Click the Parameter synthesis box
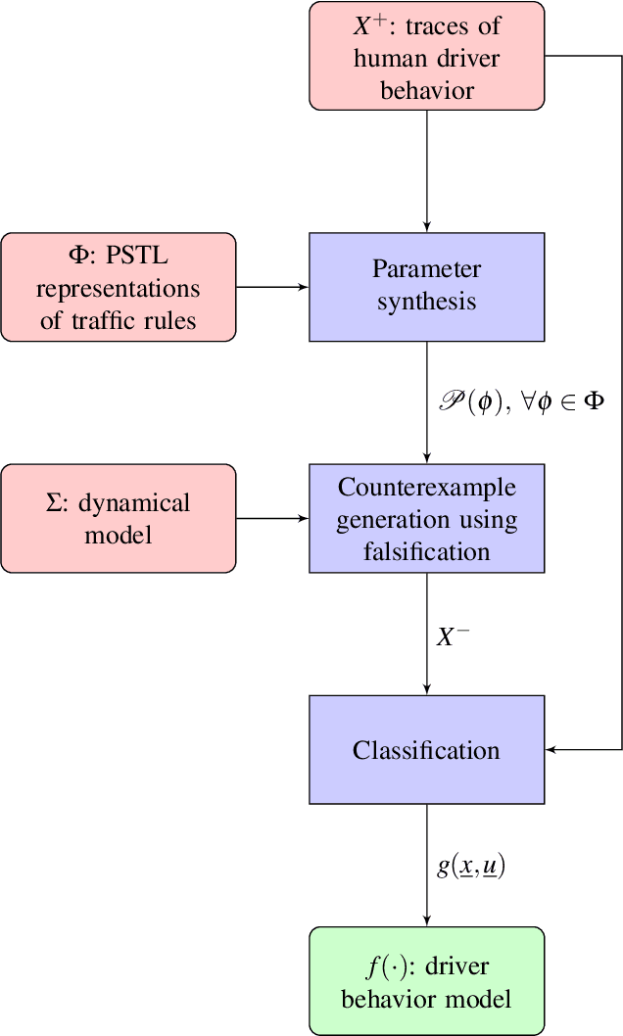click(x=426, y=286)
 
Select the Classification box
click(x=426, y=750)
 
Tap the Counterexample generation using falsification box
click(x=426, y=519)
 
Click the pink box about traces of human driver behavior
click(x=426, y=56)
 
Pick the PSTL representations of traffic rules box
click(x=119, y=286)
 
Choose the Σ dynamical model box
click(x=119, y=519)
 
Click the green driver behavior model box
click(x=426, y=981)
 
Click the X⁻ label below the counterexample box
click(x=453, y=636)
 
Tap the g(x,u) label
click(x=472, y=866)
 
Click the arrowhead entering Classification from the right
click(x=551, y=750)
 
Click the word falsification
click(x=426, y=551)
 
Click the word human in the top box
click(x=392, y=59)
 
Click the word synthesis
click(x=426, y=302)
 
